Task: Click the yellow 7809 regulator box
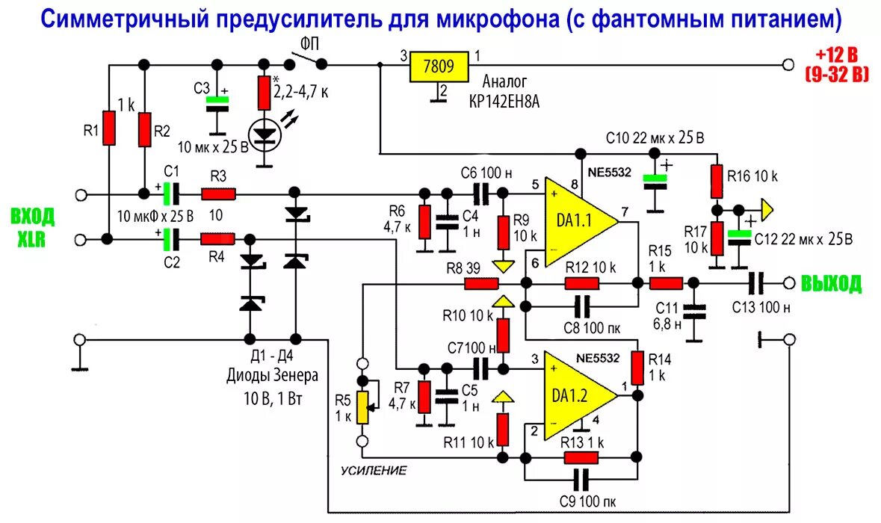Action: tap(438, 67)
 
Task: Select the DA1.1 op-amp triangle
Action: tap(578, 222)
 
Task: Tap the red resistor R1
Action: tap(110, 128)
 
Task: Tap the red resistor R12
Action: tap(582, 284)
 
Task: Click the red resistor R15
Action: tap(666, 284)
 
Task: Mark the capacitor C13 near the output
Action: tap(757, 283)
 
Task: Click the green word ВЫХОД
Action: tap(831, 284)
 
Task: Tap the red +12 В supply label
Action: tap(836, 55)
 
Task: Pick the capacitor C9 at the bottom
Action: tap(581, 478)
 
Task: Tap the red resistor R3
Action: tap(219, 195)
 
